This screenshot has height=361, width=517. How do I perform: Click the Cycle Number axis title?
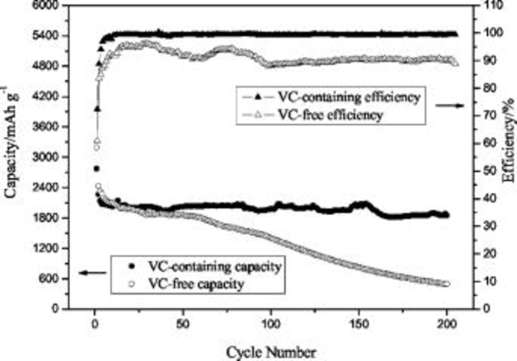[271, 352]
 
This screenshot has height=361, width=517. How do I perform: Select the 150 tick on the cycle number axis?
[359, 324]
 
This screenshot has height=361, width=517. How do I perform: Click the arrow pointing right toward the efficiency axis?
[450, 106]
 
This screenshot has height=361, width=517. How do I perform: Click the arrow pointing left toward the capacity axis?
[92, 273]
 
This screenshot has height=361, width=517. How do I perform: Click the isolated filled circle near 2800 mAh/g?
[97, 169]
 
